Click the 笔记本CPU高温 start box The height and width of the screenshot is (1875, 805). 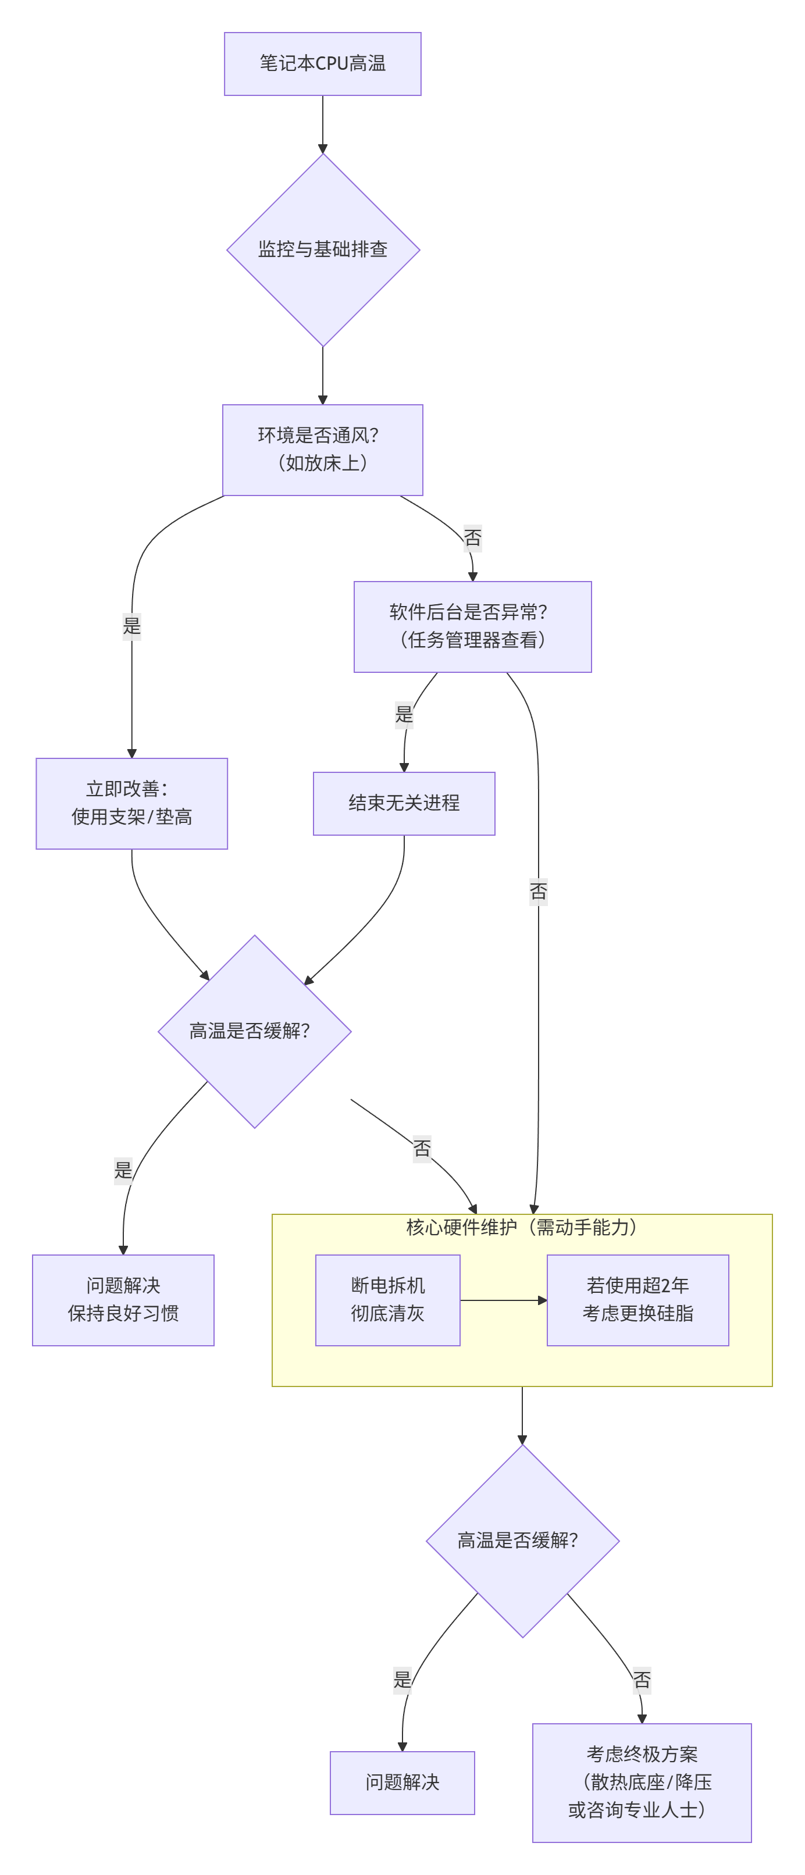pyautogui.click(x=322, y=64)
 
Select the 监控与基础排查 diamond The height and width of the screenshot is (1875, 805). pyautogui.click(x=322, y=249)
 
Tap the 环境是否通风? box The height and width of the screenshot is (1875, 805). pyautogui.click(x=322, y=450)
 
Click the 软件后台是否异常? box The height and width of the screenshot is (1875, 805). pyautogui.click(x=472, y=627)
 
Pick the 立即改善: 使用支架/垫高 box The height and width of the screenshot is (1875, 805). pyautogui.click(x=131, y=804)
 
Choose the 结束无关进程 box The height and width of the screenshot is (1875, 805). pyautogui.click(x=404, y=804)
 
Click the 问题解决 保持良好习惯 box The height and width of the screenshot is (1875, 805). pyautogui.click(x=123, y=1300)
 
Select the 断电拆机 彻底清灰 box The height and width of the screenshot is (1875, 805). pyautogui.click(x=388, y=1300)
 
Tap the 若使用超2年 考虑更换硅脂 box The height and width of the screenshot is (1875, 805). pyautogui.click(x=637, y=1300)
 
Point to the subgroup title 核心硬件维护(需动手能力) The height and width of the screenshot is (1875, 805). pyautogui.click(x=522, y=1228)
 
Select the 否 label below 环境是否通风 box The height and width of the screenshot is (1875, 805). pyautogui.click(x=472, y=538)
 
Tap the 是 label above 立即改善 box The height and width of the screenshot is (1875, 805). pyautogui.click(x=131, y=626)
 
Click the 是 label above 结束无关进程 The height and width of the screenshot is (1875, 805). pyautogui.click(x=404, y=715)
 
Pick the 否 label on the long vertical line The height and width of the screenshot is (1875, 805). pyautogui.click(x=538, y=892)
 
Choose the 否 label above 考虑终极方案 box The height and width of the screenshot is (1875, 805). pyautogui.click(x=641, y=1681)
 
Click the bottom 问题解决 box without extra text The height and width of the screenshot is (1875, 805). pyautogui.click(x=403, y=1783)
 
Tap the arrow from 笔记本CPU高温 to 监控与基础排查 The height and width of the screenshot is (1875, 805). pyautogui.click(x=322, y=124)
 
